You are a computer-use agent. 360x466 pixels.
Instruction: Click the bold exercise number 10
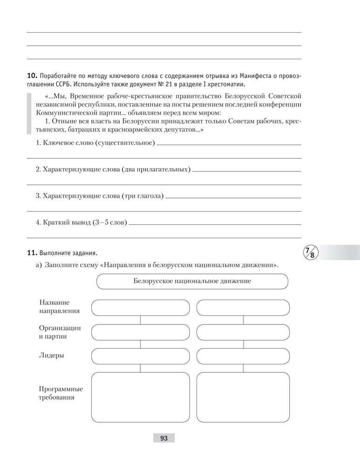(x=32, y=75)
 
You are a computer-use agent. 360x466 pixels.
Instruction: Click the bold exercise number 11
(x=32, y=253)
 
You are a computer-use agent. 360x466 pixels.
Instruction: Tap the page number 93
(x=163, y=438)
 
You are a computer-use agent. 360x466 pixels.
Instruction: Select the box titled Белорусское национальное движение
(x=192, y=281)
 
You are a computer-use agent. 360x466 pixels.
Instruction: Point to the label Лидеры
(x=52, y=356)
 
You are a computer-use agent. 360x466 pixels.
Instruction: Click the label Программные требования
(x=61, y=393)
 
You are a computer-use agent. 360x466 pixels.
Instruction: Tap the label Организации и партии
(x=60, y=332)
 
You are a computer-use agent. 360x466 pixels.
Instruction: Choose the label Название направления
(x=59, y=307)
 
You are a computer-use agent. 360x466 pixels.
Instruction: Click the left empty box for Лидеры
(x=141, y=356)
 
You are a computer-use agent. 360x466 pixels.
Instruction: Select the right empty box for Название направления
(x=243, y=308)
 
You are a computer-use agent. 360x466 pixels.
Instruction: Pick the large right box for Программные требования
(x=243, y=397)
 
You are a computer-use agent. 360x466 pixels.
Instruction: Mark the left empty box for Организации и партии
(x=141, y=332)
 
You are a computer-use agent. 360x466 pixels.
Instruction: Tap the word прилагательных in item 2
(x=163, y=169)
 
